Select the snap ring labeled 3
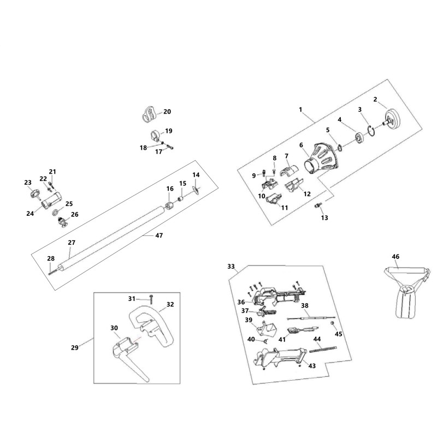371,130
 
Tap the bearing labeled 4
360,139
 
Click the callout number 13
324,217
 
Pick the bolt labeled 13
317,206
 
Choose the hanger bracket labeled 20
148,114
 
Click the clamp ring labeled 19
156,135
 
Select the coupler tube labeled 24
52,200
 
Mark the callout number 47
159,235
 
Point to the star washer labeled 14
196,190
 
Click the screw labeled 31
151,299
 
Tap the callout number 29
75,347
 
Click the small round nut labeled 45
332,323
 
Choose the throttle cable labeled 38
311,318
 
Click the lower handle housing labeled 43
280,358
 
